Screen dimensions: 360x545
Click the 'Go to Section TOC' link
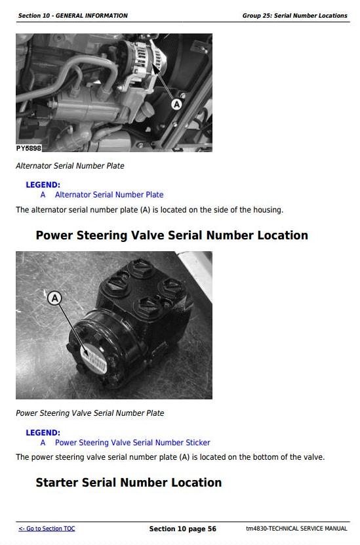47,529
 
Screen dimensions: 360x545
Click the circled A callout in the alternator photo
176,104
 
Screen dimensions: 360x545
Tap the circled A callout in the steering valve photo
54,298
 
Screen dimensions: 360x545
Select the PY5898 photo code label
28,148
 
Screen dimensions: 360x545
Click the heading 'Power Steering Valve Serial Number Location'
172,235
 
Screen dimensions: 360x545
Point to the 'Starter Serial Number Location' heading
129,483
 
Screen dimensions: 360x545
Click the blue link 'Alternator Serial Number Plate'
109,195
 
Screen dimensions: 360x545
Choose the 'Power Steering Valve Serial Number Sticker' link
132,443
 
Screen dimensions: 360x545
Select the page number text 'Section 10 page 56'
183,529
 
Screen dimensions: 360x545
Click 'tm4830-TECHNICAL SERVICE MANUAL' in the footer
296,529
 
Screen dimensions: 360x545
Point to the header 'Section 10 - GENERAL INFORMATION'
73,16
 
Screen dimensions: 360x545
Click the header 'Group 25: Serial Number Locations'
294,16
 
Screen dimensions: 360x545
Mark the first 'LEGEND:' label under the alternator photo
43,185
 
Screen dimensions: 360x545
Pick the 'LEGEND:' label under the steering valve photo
43,433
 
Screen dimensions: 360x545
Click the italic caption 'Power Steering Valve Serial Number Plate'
90,413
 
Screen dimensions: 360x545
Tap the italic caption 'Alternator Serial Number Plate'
70,166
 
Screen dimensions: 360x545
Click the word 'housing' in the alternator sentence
268,211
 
